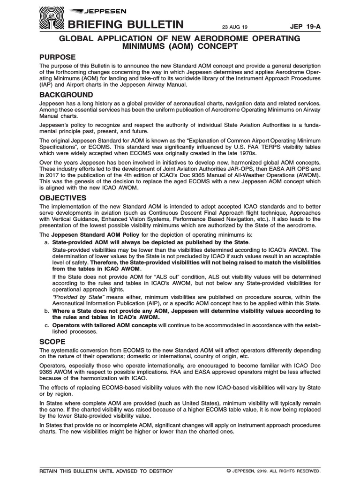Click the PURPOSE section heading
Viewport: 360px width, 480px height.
(58, 57)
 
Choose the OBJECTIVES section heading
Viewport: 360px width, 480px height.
(63, 198)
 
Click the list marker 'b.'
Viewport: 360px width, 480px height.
(46, 311)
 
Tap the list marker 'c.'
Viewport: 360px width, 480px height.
(46, 325)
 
